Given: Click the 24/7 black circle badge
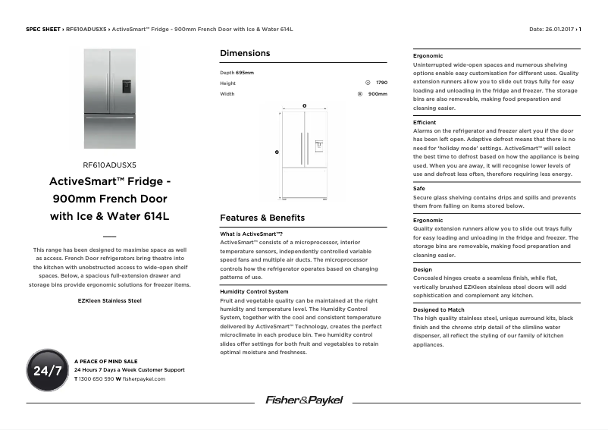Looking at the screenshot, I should pos(47,370).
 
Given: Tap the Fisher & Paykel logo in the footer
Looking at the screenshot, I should pos(304,400).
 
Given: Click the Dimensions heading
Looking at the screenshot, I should pos(244,53).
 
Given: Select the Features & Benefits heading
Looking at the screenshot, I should pos(262,217).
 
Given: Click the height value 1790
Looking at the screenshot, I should pos(381,83).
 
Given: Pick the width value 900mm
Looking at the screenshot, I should pos(378,94).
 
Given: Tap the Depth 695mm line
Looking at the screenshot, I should pos(237,72).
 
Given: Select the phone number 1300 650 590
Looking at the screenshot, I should pos(96,378).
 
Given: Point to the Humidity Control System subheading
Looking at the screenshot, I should pos(254,291).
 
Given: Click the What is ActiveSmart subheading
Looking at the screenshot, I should pos(251,234).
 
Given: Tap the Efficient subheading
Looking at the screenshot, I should pos(425,122).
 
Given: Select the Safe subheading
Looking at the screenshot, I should pos(418,188).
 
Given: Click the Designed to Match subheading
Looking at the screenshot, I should pos(439,310).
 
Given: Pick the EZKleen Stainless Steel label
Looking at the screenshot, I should pos(109,300).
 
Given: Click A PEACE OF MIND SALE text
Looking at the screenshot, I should pos(105,361).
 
